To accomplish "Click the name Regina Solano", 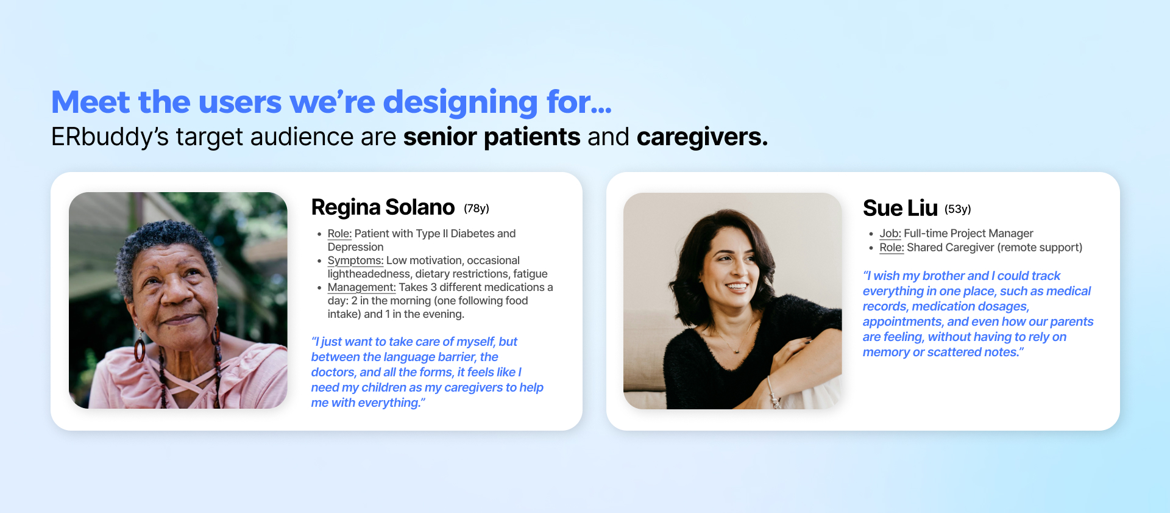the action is [x=383, y=207].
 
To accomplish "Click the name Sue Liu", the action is [x=900, y=208].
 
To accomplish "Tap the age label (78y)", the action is [x=477, y=208].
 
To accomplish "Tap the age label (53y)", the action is [x=958, y=209].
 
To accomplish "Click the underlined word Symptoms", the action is [x=355, y=260].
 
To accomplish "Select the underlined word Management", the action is [x=361, y=287].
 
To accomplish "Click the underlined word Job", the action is [x=890, y=233].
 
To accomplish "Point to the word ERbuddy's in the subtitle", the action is [x=110, y=137].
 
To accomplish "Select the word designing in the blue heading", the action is [x=460, y=102].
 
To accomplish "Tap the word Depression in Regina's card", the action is [x=356, y=247].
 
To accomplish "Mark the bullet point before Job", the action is [x=871, y=234].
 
